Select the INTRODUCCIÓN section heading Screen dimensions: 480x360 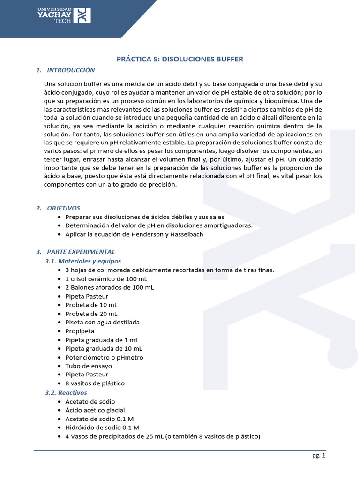[71, 70]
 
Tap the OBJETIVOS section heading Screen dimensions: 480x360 [64, 208]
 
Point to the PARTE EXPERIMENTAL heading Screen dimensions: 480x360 [81, 252]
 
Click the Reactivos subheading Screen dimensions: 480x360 [73, 392]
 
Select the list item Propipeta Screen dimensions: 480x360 [80, 331]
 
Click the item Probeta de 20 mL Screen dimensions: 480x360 [91, 314]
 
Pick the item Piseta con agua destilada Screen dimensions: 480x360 [102, 322]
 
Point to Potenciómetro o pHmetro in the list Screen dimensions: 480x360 [104, 357]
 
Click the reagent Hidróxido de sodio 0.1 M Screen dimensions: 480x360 [102, 427]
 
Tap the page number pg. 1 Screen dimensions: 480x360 [318, 455]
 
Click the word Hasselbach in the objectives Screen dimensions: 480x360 [187, 234]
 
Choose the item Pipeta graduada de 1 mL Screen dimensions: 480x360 [102, 340]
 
